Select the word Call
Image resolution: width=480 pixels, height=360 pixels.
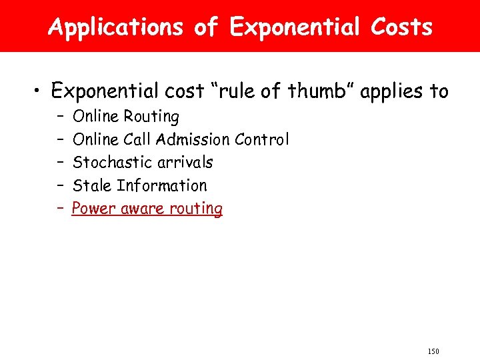(x=136, y=139)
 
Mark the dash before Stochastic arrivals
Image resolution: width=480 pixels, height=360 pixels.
(x=60, y=162)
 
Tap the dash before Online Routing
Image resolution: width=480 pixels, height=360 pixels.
(x=60, y=117)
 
